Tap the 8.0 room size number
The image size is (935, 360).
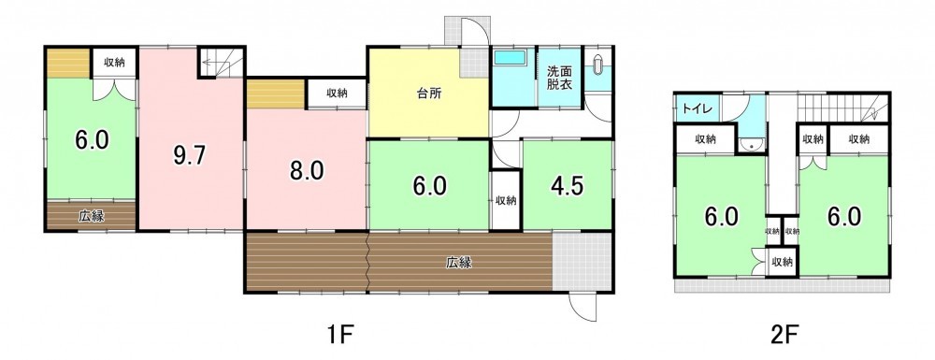pyautogui.click(x=307, y=171)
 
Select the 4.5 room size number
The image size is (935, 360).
pyautogui.click(x=568, y=186)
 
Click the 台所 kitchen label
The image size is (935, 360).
pyautogui.click(x=429, y=94)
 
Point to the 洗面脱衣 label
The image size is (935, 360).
pyautogui.click(x=559, y=78)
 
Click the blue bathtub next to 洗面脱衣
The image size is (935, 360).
pyautogui.click(x=510, y=58)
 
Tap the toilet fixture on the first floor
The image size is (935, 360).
pyautogui.click(x=598, y=65)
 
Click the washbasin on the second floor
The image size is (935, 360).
pyautogui.click(x=752, y=144)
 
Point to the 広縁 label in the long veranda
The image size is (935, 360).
pyautogui.click(x=459, y=262)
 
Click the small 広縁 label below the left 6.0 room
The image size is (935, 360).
pyautogui.click(x=92, y=216)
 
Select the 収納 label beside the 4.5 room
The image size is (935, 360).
pyautogui.click(x=506, y=201)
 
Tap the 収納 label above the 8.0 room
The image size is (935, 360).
pyautogui.click(x=337, y=94)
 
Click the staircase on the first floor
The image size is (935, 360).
pyautogui.click(x=222, y=62)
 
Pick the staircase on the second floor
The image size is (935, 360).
pyautogui.click(x=842, y=108)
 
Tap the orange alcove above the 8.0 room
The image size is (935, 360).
pyautogui.click(x=276, y=94)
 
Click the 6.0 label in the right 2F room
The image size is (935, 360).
pyautogui.click(x=844, y=216)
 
